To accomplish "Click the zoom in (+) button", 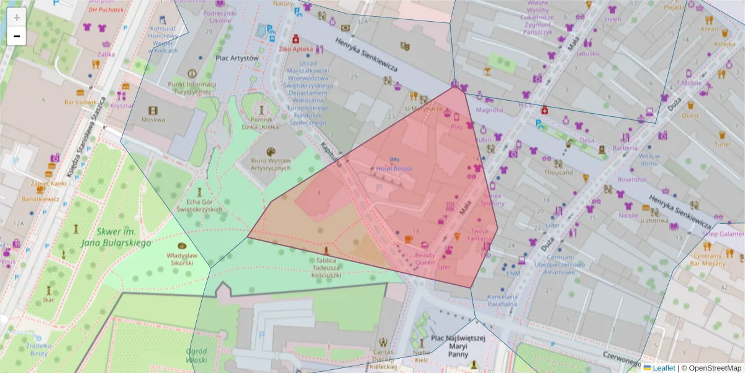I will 17,17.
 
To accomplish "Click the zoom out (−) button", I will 17,36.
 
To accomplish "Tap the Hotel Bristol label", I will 394,168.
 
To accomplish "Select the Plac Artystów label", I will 237,58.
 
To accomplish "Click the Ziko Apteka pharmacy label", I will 296,48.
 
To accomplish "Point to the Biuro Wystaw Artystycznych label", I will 271,164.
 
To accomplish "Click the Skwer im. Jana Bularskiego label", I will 115,237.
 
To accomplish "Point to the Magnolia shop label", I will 489,111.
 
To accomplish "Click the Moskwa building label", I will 153,119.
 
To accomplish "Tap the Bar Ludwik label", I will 79,101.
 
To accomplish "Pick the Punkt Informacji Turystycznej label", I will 192,88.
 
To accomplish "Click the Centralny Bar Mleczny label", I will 708,259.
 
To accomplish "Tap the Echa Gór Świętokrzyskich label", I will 199,205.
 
